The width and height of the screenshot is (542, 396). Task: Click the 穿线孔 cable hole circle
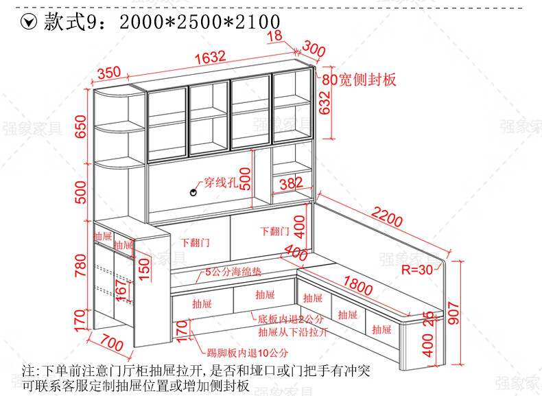tap(193, 193)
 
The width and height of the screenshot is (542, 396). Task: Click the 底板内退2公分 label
tap(291, 319)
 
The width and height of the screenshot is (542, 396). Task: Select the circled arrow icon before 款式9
tap(30, 22)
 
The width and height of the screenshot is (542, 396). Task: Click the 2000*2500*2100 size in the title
tap(200, 22)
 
